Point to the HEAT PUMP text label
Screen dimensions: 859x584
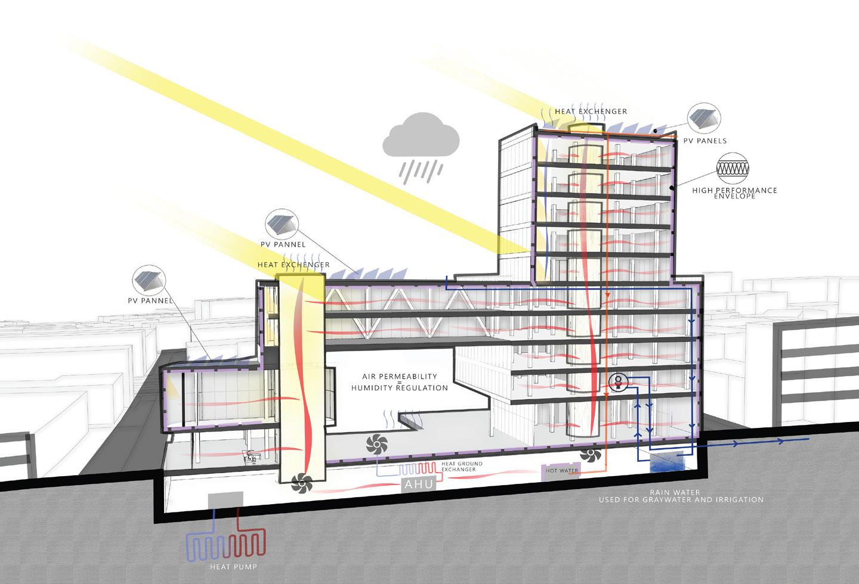tap(233, 567)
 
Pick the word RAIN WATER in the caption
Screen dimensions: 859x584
tap(681, 492)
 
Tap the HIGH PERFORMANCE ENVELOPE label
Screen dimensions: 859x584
tap(734, 193)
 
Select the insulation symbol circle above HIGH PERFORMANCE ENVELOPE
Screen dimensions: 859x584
tap(736, 167)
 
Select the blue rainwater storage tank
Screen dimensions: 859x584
tap(666, 462)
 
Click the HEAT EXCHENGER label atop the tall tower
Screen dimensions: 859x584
tap(591, 111)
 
